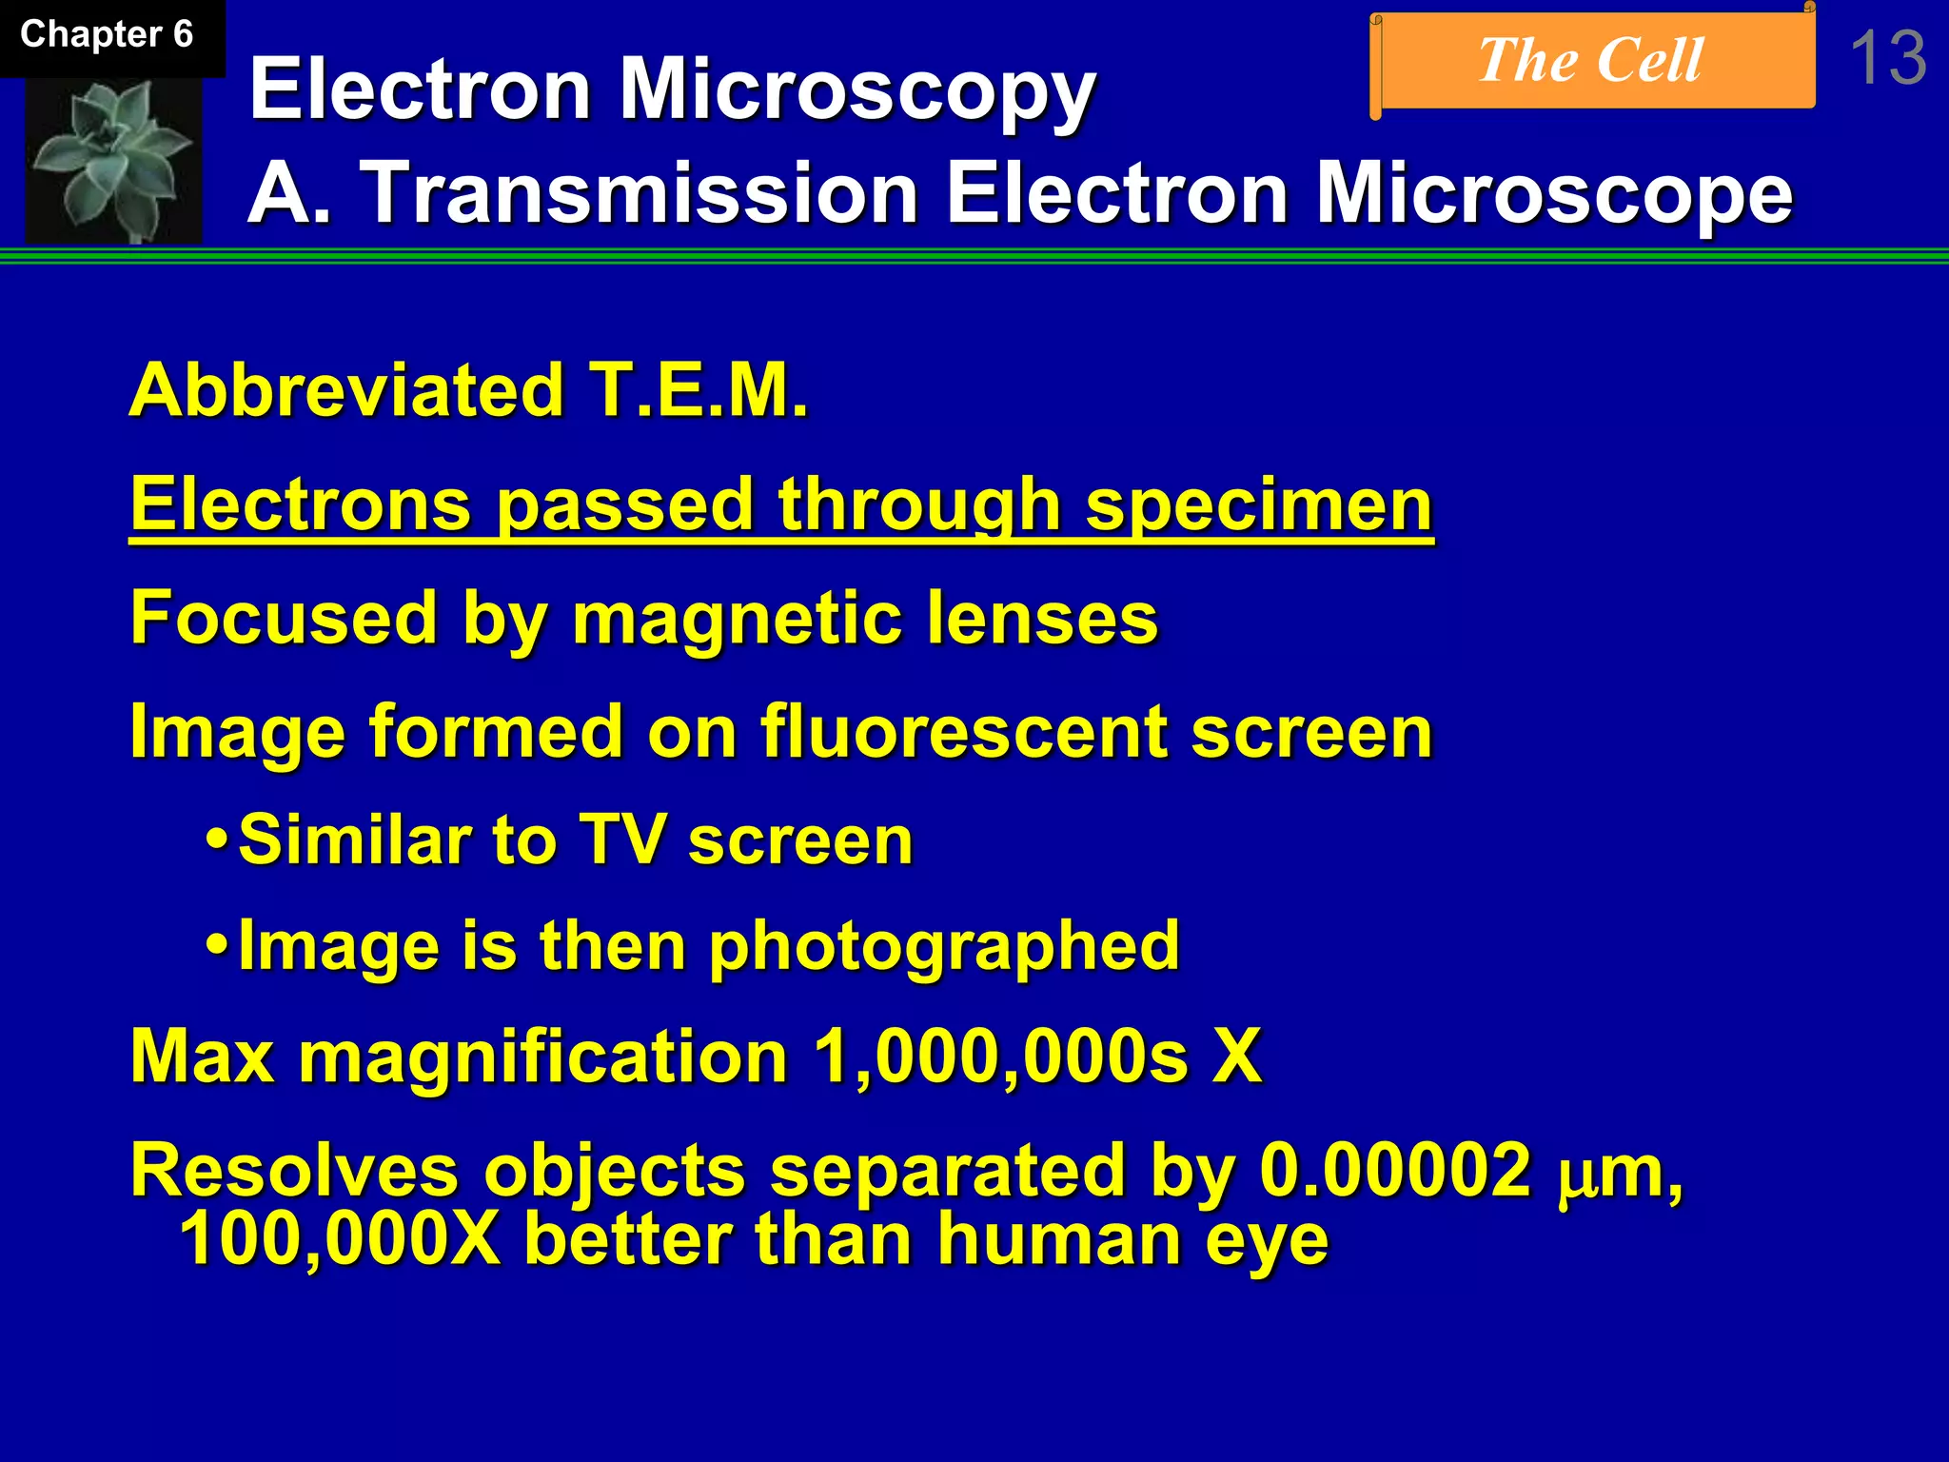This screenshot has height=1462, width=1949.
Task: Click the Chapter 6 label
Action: coord(107,35)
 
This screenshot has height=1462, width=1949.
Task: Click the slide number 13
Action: coord(1888,59)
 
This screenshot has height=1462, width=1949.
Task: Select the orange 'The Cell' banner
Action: coord(1591,61)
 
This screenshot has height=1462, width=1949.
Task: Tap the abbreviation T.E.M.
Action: coord(699,390)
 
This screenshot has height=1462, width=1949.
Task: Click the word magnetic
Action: coord(737,619)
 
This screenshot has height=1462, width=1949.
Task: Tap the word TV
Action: coord(622,840)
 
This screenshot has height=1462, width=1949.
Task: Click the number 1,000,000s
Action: coord(1001,1057)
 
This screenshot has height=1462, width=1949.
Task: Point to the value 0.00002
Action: coord(1395,1170)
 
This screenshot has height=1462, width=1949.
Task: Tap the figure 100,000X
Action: coord(340,1238)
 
